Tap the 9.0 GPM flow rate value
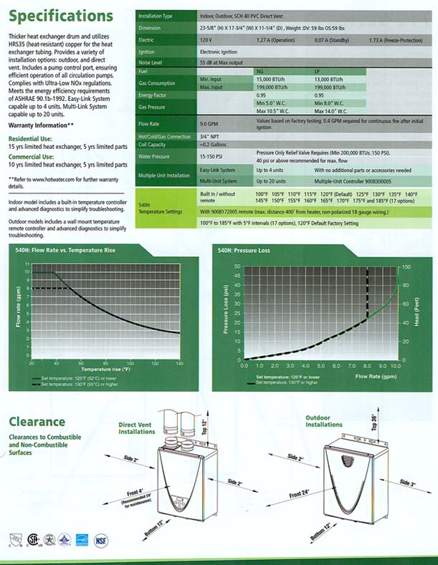pyautogui.click(x=209, y=125)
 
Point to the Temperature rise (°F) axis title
pyautogui.click(x=106, y=370)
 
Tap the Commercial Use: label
pyautogui.click(x=29, y=155)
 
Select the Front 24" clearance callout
pyautogui.click(x=301, y=496)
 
